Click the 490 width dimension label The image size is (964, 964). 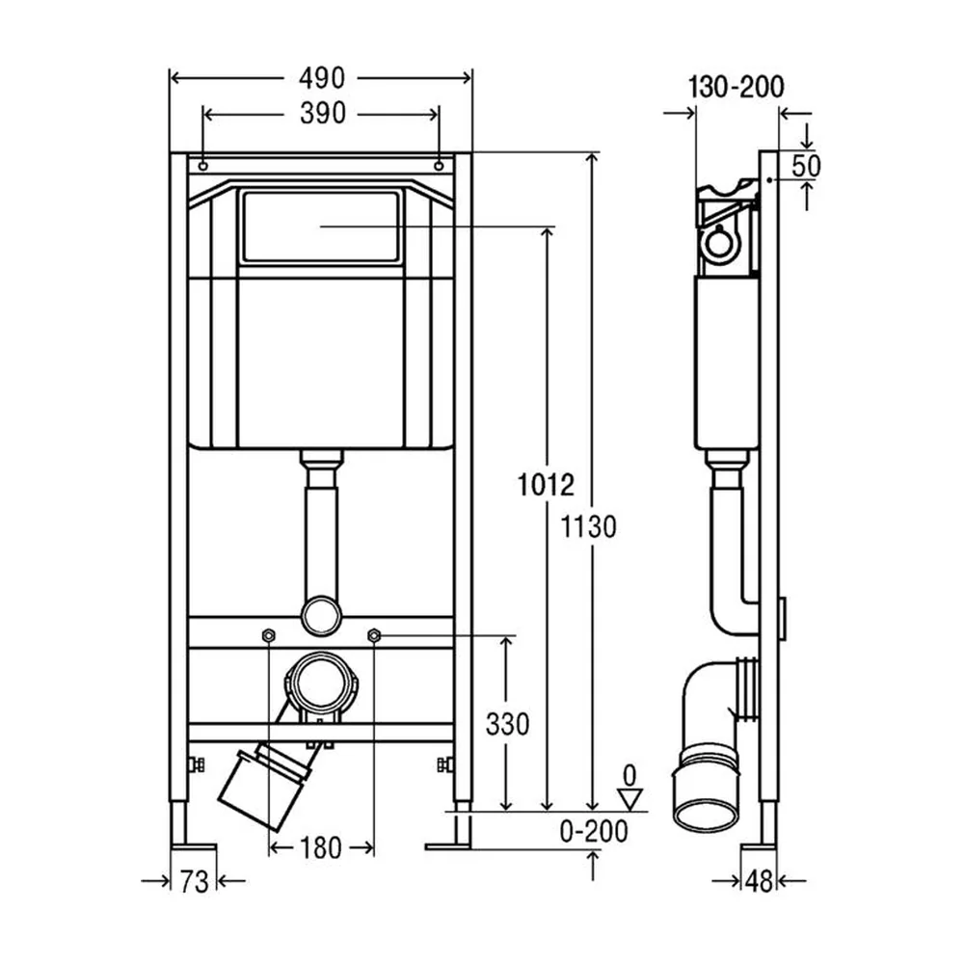point(322,78)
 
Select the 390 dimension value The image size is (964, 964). point(323,114)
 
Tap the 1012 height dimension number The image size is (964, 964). point(546,485)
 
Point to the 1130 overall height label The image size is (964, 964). point(588,527)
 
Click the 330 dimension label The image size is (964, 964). point(507,724)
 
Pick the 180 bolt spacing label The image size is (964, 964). point(320,849)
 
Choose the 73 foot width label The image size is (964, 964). point(195,882)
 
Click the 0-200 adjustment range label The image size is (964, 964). point(594,831)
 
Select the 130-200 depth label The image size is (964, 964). point(736,87)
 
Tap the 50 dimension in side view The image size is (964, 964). point(806,166)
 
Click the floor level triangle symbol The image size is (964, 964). point(630,800)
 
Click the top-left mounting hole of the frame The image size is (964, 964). point(203,166)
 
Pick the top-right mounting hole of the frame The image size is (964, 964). point(439,166)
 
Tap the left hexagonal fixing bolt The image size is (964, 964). point(269,635)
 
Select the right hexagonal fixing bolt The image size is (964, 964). point(373,635)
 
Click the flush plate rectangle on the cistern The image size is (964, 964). point(320,227)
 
